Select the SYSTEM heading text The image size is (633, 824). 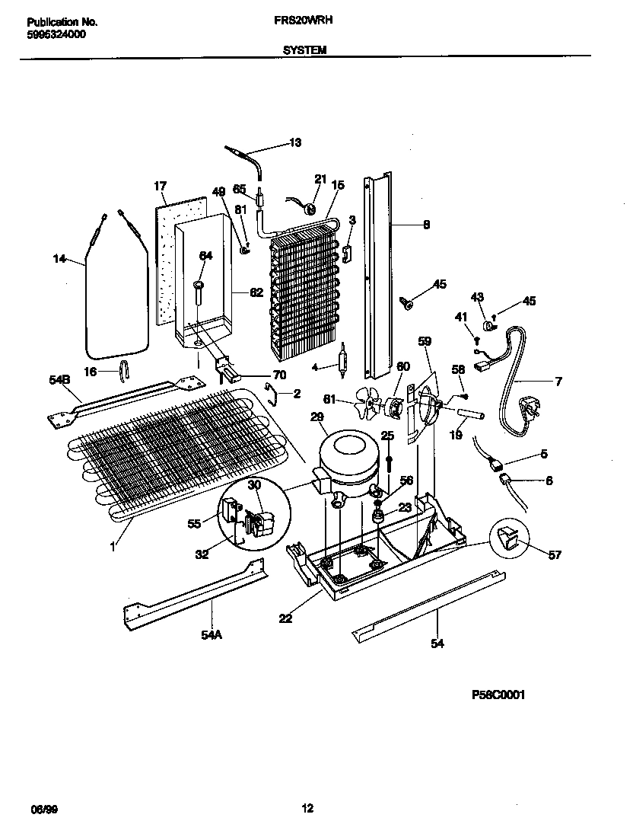point(304,50)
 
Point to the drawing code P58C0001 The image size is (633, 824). point(499,695)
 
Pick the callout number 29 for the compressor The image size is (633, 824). point(317,417)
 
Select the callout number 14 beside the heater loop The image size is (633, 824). point(60,260)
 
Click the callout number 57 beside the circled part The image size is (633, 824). point(555,555)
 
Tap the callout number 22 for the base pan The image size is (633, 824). point(285,618)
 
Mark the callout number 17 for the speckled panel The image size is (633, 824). point(160,186)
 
